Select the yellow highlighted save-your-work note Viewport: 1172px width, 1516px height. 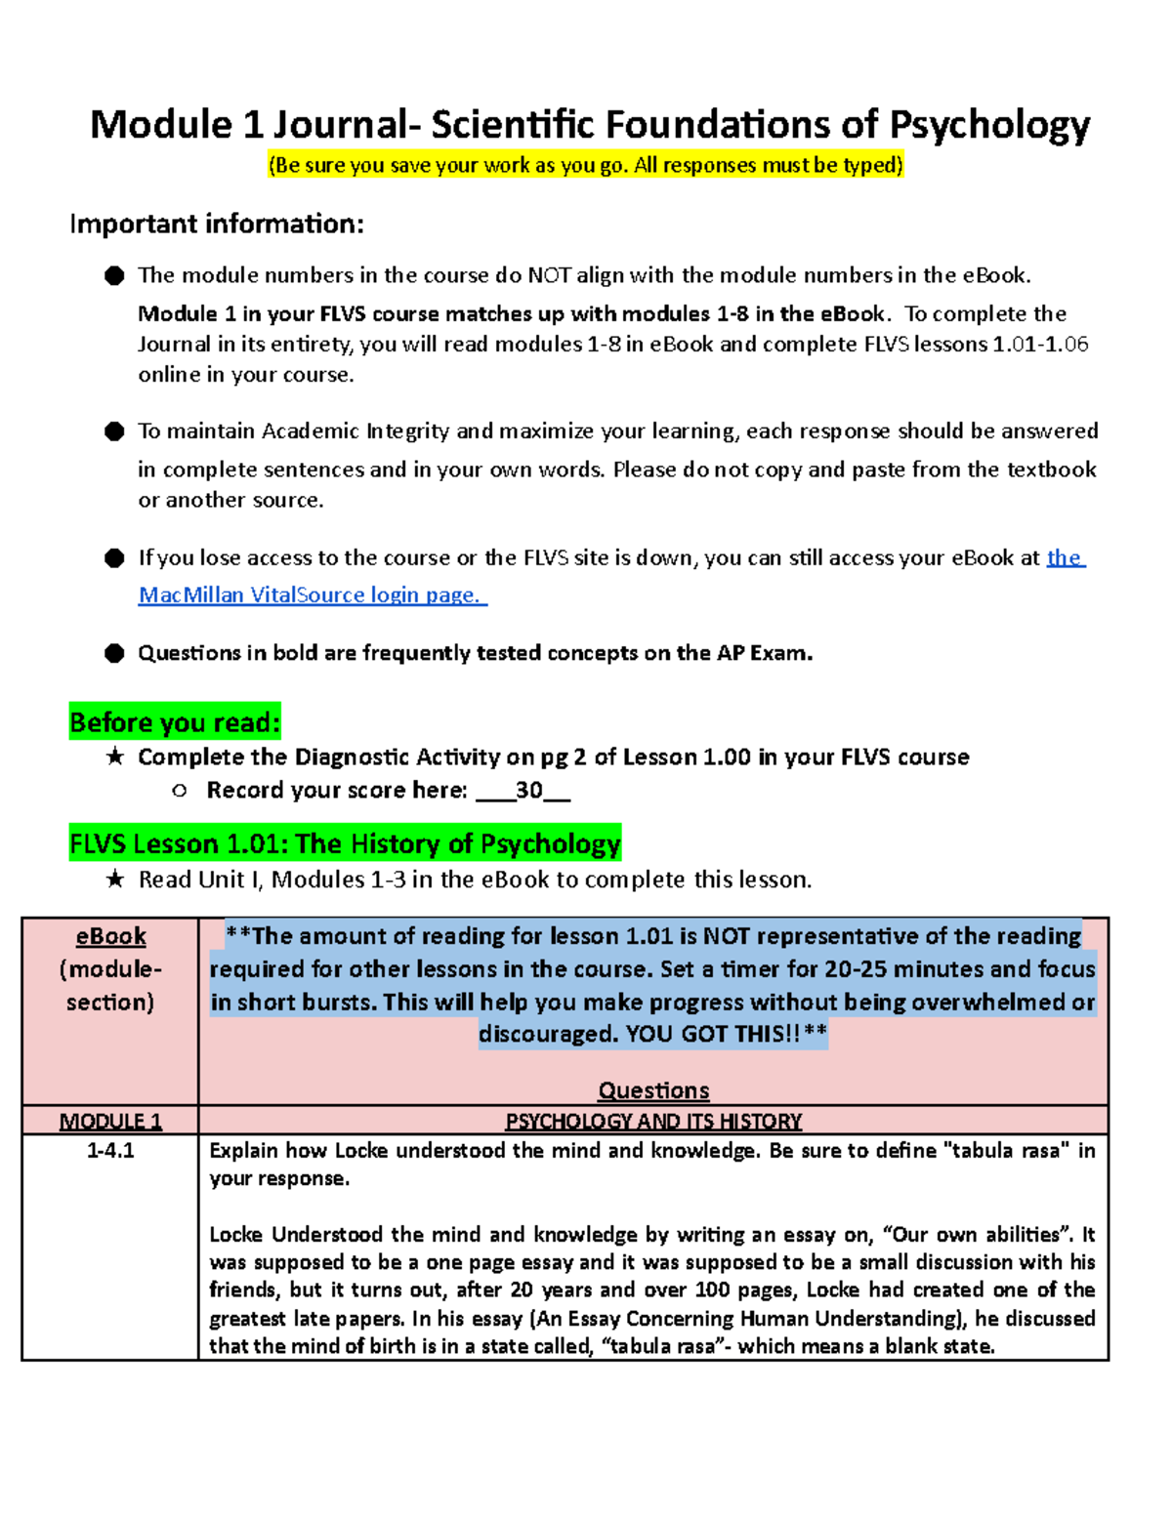click(586, 165)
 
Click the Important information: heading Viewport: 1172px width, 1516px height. click(217, 224)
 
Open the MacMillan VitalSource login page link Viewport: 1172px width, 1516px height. click(313, 594)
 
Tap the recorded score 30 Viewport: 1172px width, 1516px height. click(528, 790)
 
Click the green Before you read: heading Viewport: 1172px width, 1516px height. click(175, 722)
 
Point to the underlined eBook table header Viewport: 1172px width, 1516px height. click(110, 936)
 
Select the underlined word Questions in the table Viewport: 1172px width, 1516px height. click(653, 1090)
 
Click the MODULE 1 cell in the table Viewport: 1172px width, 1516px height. click(110, 1121)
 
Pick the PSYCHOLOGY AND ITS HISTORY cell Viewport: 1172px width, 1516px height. click(653, 1121)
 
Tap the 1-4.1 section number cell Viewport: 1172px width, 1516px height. click(110, 1151)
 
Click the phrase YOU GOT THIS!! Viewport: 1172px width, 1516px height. click(713, 1034)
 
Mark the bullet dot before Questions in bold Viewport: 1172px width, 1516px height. click(114, 653)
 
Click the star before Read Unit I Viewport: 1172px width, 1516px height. click(114, 880)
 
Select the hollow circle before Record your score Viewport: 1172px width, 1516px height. click(179, 791)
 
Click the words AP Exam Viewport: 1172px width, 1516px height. click(764, 653)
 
